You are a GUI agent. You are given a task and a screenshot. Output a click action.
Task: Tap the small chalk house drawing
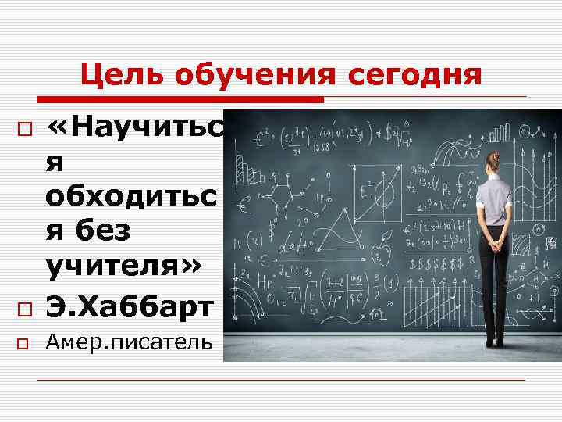(376, 312)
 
